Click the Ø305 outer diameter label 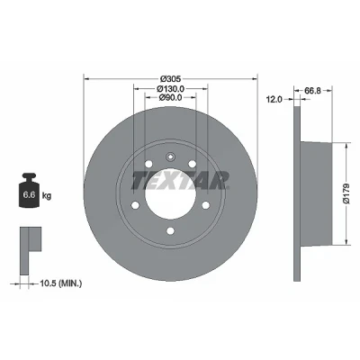(x=170, y=79)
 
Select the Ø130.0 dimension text (x=170, y=88)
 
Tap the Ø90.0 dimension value (x=170, y=97)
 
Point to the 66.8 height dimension (x=312, y=90)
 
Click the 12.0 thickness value (x=274, y=99)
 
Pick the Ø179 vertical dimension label (x=346, y=193)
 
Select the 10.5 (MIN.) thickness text (x=60, y=283)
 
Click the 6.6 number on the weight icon (x=30, y=194)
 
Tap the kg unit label (x=47, y=196)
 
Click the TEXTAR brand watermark (x=181, y=180)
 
